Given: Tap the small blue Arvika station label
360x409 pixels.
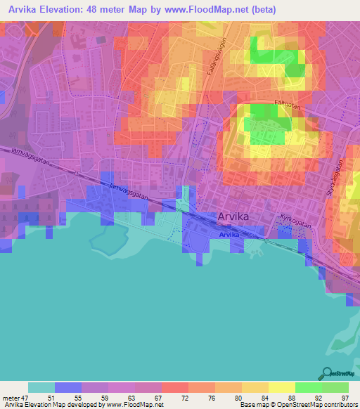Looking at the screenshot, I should tap(229, 235).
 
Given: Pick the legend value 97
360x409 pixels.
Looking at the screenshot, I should tap(345, 398).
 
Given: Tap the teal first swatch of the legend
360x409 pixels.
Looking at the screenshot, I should tap(41, 387).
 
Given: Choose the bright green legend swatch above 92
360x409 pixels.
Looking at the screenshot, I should tap(309, 387).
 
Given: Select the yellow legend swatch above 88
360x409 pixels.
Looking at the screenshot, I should tap(282, 387).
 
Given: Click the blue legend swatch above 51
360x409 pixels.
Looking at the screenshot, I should tap(68, 387).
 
